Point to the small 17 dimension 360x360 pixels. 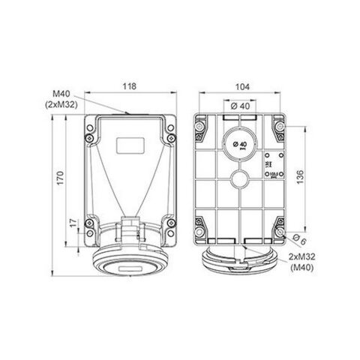[x=73, y=223]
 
